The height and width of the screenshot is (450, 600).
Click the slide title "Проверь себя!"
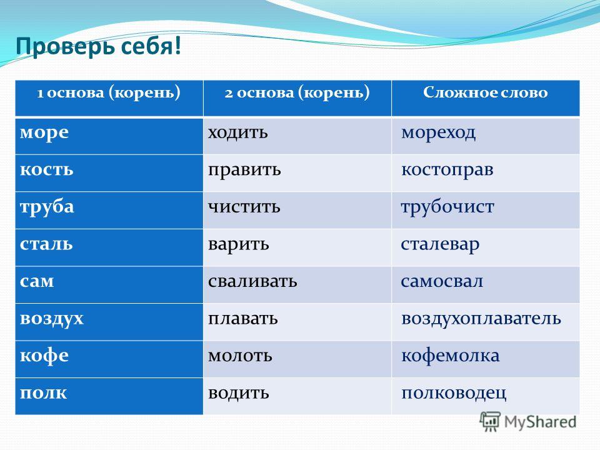pyautogui.click(x=98, y=47)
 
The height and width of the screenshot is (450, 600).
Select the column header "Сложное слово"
pyautogui.click(x=485, y=92)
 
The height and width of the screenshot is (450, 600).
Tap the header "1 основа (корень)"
pyautogui.click(x=109, y=93)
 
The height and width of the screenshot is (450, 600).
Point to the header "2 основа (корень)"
pyautogui.click(x=297, y=93)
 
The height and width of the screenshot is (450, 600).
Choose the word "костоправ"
pyautogui.click(x=447, y=170)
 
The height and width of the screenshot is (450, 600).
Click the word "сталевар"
pyautogui.click(x=440, y=244)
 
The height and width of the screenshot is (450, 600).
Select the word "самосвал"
pyautogui.click(x=442, y=282)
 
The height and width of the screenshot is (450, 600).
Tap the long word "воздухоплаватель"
pyautogui.click(x=481, y=319)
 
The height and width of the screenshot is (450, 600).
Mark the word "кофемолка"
pyautogui.click(x=451, y=356)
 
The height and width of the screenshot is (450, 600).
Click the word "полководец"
pyautogui.click(x=454, y=393)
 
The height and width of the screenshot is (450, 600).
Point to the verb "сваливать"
pyautogui.click(x=252, y=282)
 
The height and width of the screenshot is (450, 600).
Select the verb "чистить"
pyautogui.click(x=244, y=207)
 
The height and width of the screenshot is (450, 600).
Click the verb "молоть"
pyautogui.click(x=240, y=356)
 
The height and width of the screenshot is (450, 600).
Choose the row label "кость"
pyautogui.click(x=46, y=170)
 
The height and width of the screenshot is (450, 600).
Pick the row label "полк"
pyautogui.click(x=43, y=393)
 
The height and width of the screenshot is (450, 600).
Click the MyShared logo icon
pyautogui.click(x=490, y=422)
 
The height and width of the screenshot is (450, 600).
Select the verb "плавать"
pyautogui.click(x=243, y=319)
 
